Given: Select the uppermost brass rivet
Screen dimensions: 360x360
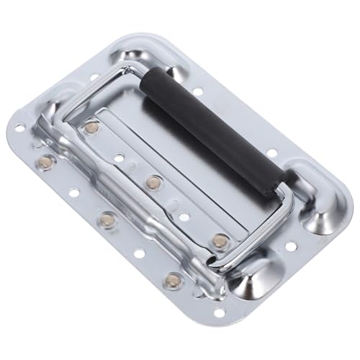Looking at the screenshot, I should tap(90, 127).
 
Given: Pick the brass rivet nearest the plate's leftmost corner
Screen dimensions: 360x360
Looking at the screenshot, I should tap(46, 160).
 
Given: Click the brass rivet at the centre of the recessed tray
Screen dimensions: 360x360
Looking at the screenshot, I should tap(152, 182).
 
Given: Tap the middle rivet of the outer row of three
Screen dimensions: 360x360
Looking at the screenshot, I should tap(107, 218).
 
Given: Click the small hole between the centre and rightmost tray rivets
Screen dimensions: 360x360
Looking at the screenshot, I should tap(185, 214).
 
